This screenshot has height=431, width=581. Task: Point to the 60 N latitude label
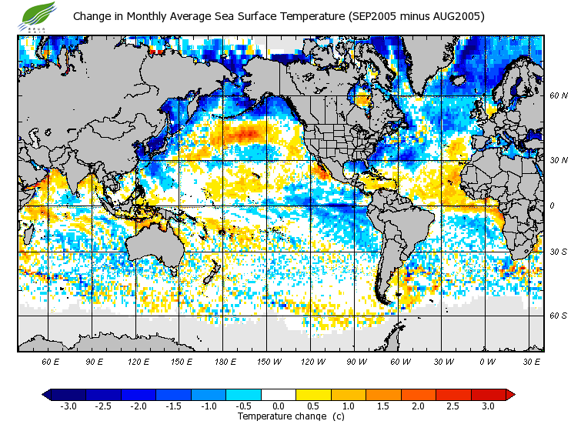[559, 95]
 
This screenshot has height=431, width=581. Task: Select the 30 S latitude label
[559, 252]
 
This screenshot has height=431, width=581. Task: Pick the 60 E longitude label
[51, 362]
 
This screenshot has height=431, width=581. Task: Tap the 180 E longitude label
[225, 362]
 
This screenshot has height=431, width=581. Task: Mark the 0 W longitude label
[487, 362]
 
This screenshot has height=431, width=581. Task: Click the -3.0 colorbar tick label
[68, 406]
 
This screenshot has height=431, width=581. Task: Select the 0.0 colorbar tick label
[279, 406]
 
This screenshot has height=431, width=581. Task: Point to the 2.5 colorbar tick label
[453, 406]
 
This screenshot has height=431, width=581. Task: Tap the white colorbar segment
[279, 395]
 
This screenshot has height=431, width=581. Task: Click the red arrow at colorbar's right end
[509, 395]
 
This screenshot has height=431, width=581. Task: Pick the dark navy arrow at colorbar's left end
[47, 395]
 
